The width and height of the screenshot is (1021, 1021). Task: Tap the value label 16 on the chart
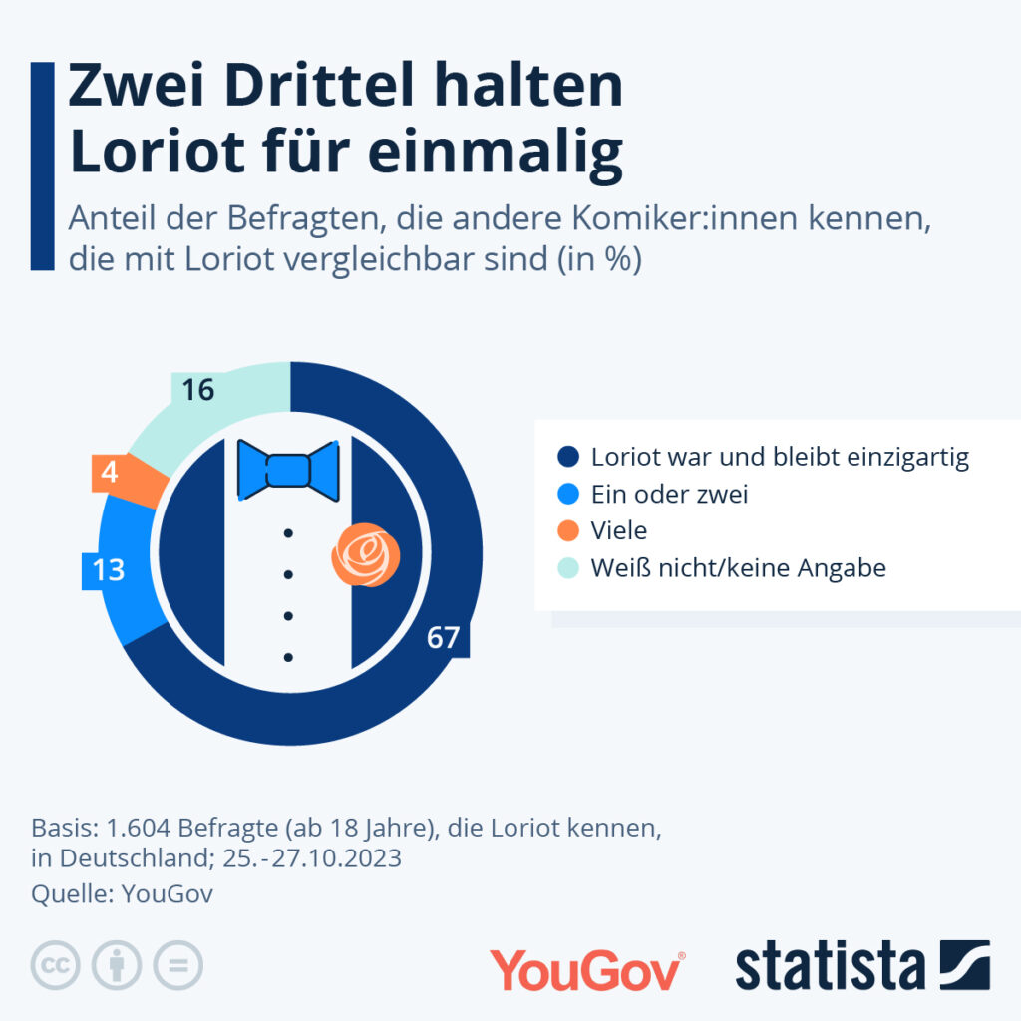click(x=198, y=390)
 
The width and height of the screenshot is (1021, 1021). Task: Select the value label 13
click(x=108, y=569)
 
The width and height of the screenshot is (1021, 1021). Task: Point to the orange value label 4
click(x=110, y=472)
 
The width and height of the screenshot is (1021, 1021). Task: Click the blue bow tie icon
click(x=288, y=469)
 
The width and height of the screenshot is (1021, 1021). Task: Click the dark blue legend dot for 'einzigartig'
click(x=568, y=458)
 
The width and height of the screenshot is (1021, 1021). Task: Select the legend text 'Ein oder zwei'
click(x=669, y=494)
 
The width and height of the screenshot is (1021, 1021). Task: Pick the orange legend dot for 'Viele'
click(x=568, y=530)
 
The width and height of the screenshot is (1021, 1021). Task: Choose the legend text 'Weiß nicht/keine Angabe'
click(x=738, y=567)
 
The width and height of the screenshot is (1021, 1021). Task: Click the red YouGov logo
click(x=586, y=969)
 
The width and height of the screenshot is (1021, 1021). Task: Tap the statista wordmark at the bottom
click(x=830, y=967)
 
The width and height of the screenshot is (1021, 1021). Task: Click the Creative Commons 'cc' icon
click(x=56, y=965)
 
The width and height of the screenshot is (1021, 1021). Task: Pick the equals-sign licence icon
click(x=177, y=965)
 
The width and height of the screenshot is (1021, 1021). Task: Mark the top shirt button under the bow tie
click(x=288, y=534)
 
